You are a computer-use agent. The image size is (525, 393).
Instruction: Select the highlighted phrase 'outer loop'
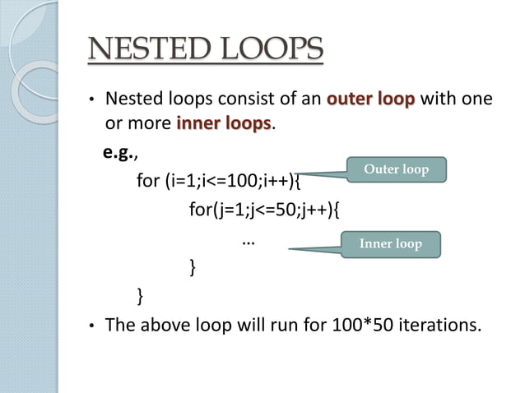[371, 101]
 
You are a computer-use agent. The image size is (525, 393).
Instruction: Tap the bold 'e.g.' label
[118, 153]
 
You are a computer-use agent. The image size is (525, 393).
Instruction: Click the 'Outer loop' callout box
[396, 170]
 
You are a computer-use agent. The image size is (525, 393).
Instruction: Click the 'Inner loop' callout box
[391, 243]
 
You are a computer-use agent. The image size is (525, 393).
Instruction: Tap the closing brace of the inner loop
[193, 266]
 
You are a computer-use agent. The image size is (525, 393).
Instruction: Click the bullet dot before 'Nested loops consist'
[93, 102]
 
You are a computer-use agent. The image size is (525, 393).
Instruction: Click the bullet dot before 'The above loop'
[93, 326]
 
